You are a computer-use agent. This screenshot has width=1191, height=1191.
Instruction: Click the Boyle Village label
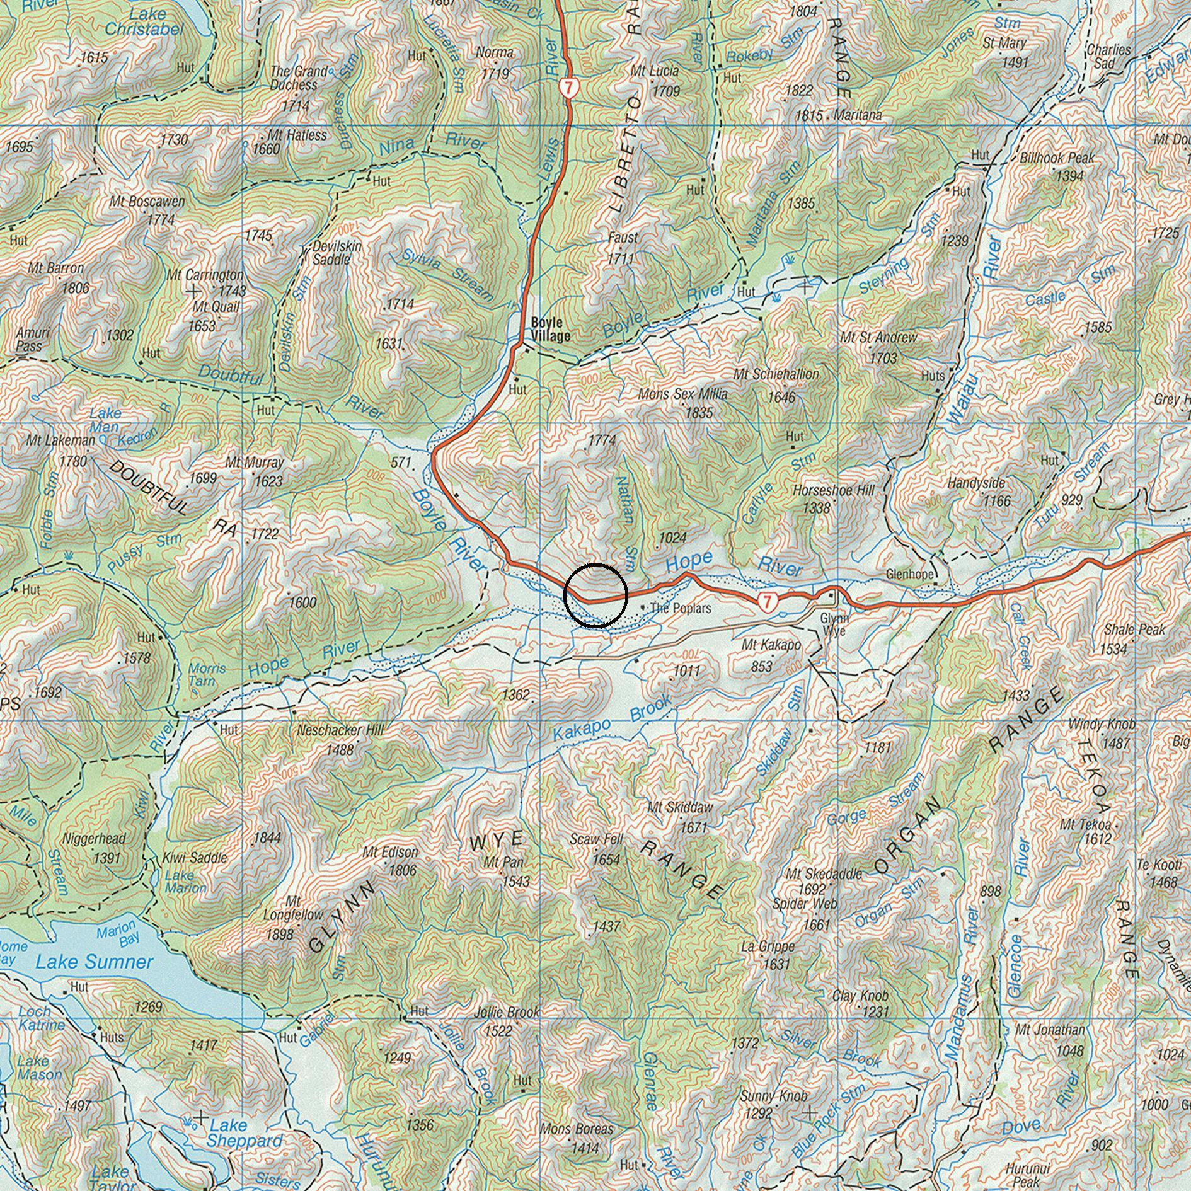[x=550, y=328]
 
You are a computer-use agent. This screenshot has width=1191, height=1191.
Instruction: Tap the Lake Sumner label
[x=94, y=962]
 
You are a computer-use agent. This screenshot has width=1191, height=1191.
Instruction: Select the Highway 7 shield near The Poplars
[x=768, y=601]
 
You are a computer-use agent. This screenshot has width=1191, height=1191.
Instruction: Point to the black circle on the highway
[x=595, y=595]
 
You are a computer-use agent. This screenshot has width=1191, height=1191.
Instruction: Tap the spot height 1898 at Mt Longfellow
[x=279, y=935]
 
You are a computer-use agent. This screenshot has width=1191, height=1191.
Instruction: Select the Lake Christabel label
[x=144, y=21]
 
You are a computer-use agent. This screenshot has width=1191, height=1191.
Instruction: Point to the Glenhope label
[x=909, y=575]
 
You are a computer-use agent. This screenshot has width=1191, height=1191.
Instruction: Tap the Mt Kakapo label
[x=771, y=645]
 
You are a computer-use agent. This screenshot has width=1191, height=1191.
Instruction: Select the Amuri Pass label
[x=29, y=339]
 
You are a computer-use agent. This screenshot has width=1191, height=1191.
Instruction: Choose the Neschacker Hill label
[x=340, y=730]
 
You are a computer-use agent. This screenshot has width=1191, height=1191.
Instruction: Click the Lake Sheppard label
[x=245, y=1133]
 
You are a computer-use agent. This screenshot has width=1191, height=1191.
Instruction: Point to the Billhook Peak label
[x=1057, y=158]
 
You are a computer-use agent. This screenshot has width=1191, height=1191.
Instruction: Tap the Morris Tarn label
[x=202, y=674]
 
